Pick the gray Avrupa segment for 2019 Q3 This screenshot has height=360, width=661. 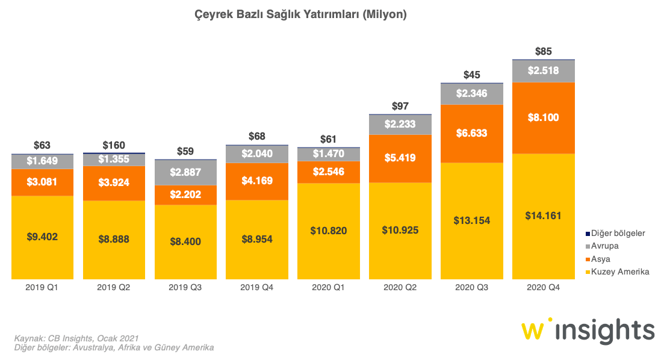185,172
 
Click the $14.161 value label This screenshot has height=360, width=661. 543,216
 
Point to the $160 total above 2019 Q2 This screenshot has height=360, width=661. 113,145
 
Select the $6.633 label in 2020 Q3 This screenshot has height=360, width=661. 471,133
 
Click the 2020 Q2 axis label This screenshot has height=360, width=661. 400,288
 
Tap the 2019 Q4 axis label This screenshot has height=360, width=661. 256,288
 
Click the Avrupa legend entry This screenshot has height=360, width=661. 606,246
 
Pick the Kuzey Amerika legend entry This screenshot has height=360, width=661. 619,272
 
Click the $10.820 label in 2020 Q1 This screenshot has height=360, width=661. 328,231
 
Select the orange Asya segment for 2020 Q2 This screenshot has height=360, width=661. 400,158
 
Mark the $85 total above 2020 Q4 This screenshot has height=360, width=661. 543,51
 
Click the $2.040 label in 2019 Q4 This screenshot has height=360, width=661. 256,154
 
